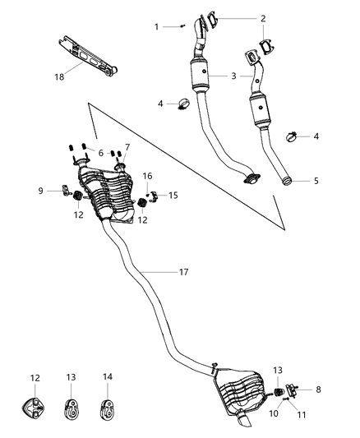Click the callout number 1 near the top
[156, 27]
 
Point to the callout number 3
[234, 76]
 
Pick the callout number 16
[148, 176]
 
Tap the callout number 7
[127, 147]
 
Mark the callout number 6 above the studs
[101, 152]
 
